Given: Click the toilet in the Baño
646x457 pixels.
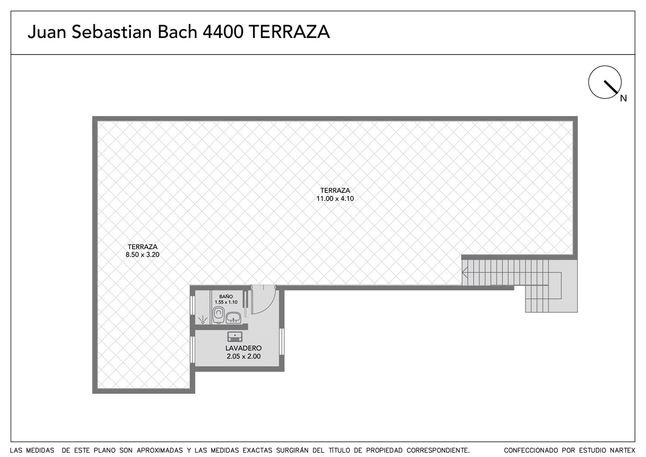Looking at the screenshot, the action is click(218, 315).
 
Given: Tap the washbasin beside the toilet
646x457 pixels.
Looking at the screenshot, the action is click(233, 318).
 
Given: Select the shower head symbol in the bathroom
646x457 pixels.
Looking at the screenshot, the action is click(203, 319).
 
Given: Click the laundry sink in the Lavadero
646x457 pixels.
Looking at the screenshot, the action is click(235, 336).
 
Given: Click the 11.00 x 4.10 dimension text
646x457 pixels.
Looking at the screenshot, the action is click(335, 198).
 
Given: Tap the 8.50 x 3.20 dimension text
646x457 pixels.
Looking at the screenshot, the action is click(143, 255).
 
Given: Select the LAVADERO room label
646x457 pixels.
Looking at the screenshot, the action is click(243, 348).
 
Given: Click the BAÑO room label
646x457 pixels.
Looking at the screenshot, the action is click(226, 297).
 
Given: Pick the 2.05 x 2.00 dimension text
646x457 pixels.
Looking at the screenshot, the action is click(243, 356).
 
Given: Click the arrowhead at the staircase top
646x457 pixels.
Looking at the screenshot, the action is click(465, 272).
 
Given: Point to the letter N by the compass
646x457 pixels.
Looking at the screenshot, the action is click(624, 98).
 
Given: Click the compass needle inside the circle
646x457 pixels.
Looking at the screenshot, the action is click(611, 87).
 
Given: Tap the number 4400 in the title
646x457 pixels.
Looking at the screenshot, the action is click(223, 32).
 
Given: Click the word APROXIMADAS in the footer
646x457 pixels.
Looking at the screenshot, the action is click(160, 450).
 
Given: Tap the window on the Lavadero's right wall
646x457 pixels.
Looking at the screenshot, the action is click(282, 346).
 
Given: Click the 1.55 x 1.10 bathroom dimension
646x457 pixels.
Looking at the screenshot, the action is click(226, 303).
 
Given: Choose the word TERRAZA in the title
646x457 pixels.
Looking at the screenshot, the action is click(289, 32).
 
